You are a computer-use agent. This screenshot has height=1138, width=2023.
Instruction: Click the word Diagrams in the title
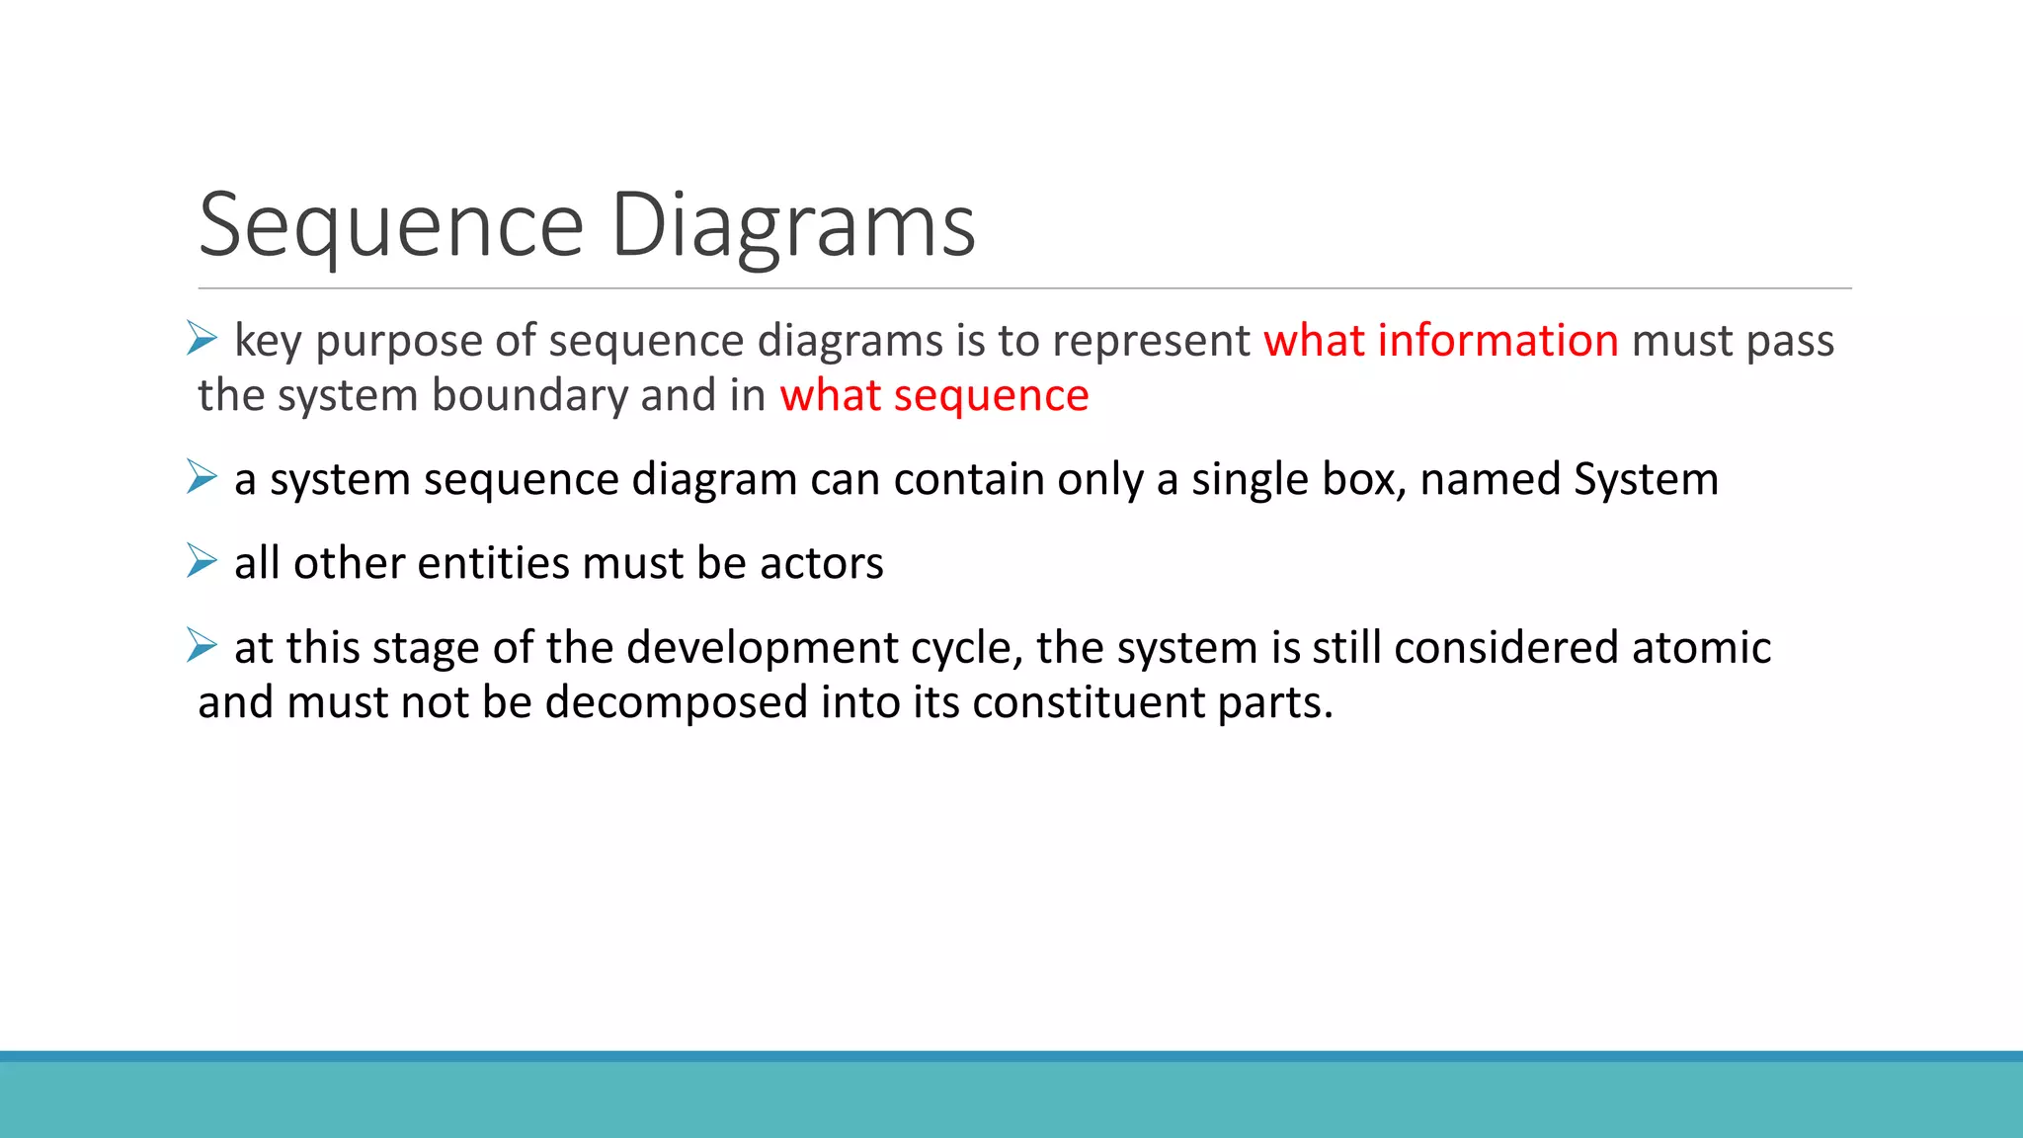(x=793, y=226)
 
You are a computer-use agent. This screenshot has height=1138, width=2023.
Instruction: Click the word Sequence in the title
(x=391, y=226)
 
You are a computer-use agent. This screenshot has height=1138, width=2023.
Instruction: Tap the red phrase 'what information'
(x=1440, y=341)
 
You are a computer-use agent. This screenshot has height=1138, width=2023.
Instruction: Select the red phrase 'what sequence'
(x=933, y=395)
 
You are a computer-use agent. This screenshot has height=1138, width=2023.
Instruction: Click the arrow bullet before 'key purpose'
(x=202, y=339)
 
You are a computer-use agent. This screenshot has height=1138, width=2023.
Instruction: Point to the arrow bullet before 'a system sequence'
(x=202, y=477)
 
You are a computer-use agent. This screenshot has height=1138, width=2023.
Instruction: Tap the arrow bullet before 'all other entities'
(x=202, y=561)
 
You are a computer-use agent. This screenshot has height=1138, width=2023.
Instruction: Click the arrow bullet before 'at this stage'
(x=202, y=646)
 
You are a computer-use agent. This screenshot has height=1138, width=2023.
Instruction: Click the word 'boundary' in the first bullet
(x=528, y=395)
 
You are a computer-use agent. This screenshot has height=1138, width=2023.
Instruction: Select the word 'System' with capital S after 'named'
(x=1646, y=479)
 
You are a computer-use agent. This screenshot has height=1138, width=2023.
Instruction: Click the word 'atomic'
(x=1701, y=648)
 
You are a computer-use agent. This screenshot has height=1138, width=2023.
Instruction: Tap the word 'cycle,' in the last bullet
(x=966, y=649)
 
